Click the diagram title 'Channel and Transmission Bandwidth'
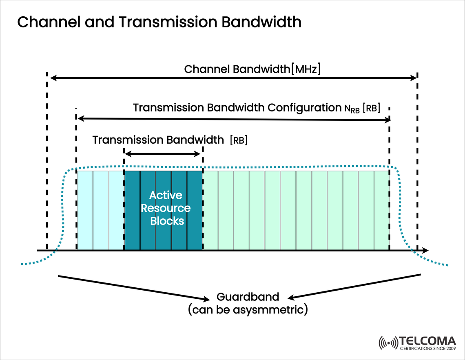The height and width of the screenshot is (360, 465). pyautogui.click(x=159, y=22)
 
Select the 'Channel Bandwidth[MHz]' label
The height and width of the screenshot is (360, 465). pyautogui.click(x=252, y=69)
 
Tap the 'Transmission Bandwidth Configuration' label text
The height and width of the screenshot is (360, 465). pyautogui.click(x=236, y=108)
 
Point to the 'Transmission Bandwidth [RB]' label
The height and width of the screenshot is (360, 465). pyautogui.click(x=170, y=140)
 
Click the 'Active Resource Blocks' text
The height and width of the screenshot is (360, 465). pyautogui.click(x=165, y=208)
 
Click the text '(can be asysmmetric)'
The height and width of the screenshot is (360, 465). pyautogui.click(x=248, y=310)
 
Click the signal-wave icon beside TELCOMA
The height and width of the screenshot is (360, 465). pyautogui.click(x=388, y=343)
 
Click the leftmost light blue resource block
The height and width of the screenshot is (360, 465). pyautogui.click(x=85, y=210)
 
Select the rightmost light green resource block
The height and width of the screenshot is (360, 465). pyautogui.click(x=382, y=210)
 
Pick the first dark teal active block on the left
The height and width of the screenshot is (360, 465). pyautogui.click(x=132, y=210)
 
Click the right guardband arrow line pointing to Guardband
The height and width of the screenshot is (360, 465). pyautogui.click(x=355, y=286)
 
